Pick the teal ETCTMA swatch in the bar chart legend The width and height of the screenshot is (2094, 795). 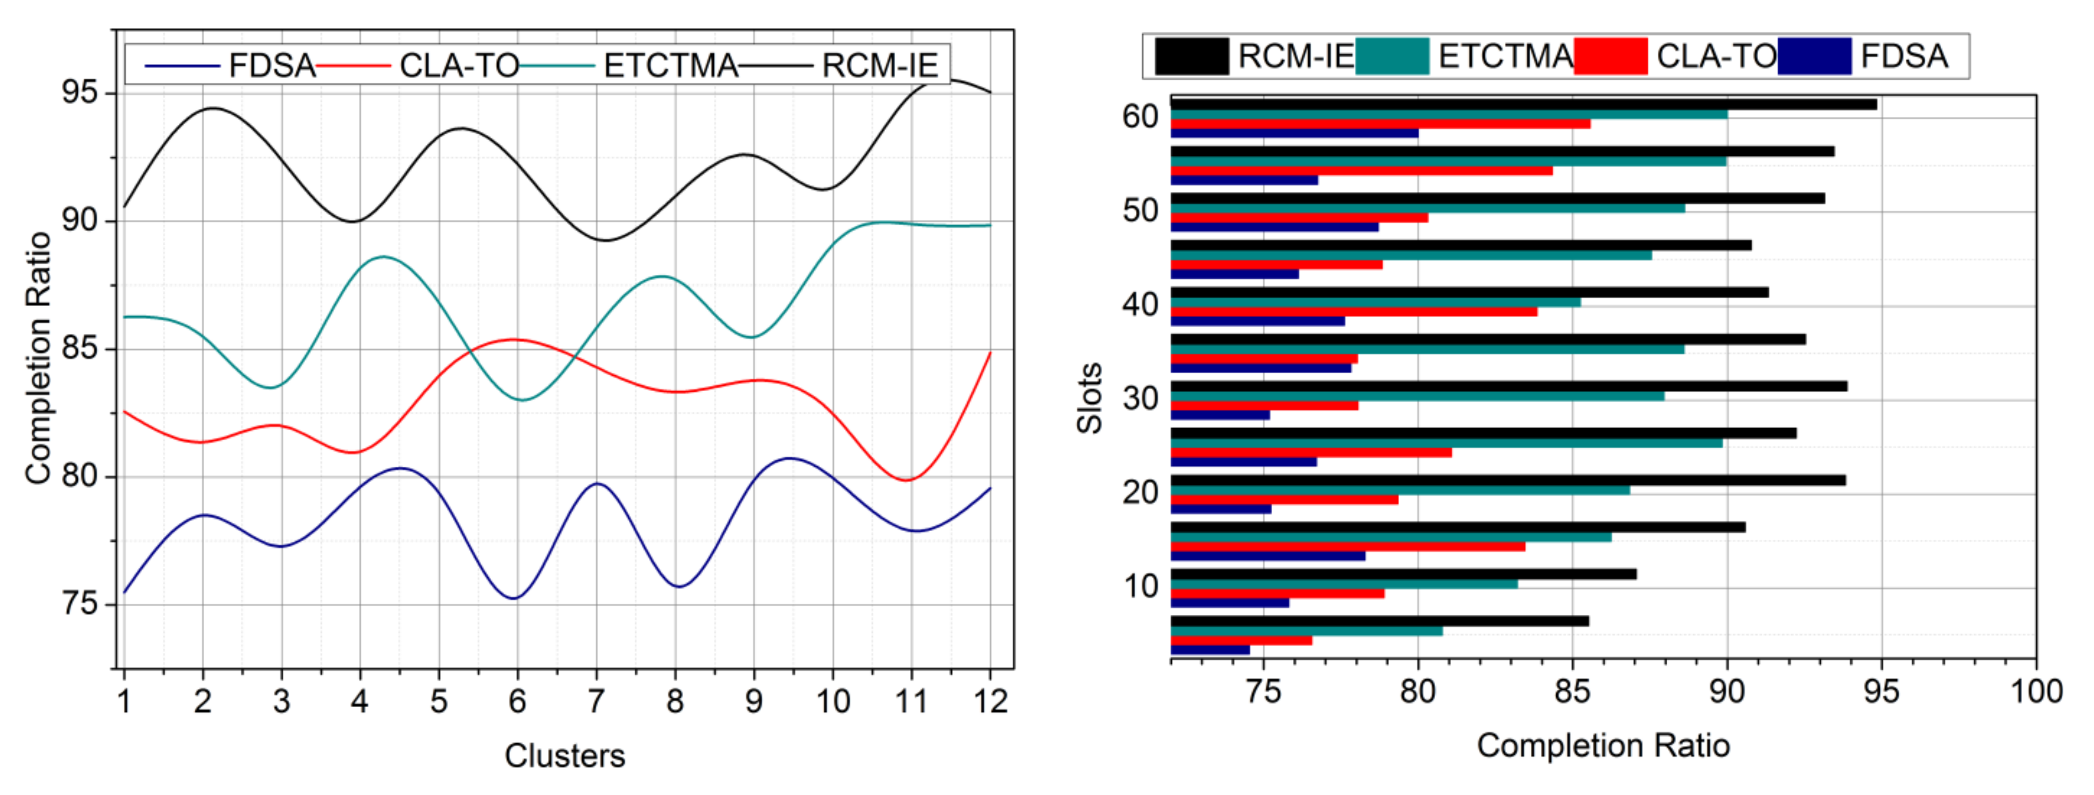pos(1392,56)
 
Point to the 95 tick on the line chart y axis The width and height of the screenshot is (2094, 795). pos(80,93)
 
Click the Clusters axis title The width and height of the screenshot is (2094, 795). pos(564,755)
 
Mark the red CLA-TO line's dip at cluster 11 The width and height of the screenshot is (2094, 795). pos(907,479)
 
